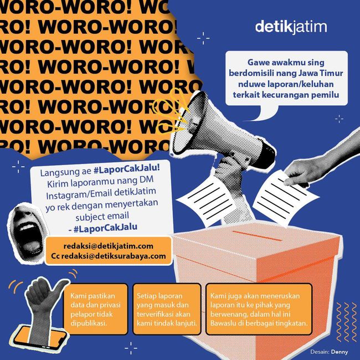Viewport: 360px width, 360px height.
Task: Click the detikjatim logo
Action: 291,27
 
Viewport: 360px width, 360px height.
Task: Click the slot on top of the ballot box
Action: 257,236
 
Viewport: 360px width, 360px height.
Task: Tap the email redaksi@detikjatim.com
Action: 109,246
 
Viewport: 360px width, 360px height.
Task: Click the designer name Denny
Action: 340,352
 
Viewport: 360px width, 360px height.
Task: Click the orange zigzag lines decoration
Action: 347,322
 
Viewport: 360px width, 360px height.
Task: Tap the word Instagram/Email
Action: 79,195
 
